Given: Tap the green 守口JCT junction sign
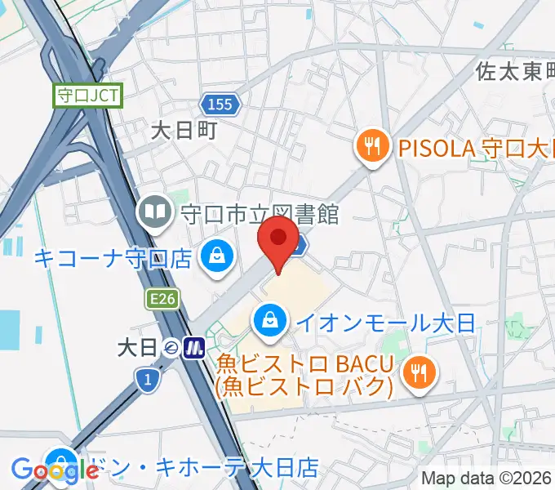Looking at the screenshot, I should (88, 96).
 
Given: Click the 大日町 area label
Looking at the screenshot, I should (184, 131).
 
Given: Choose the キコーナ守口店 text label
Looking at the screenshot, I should (113, 259).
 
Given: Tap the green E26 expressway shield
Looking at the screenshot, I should (163, 301).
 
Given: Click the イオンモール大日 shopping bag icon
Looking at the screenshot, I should (269, 319).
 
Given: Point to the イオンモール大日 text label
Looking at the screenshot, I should (384, 322).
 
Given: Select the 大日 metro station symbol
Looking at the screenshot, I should (193, 349).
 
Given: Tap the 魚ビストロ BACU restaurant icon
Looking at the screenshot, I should (420, 373).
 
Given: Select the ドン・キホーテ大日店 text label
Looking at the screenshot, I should (204, 468).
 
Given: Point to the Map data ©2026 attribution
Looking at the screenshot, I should (486, 479).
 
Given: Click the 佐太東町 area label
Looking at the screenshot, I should (514, 72).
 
